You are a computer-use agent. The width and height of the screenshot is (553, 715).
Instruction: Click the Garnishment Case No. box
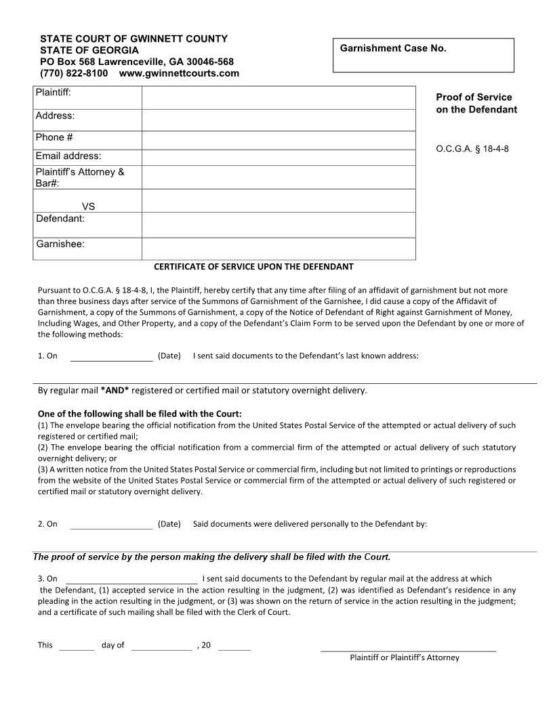coord(423,55)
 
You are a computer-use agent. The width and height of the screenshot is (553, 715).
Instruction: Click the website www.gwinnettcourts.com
coord(179,73)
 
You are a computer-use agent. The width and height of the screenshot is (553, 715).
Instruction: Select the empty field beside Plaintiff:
coord(278,97)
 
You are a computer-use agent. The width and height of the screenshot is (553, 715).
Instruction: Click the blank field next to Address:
coord(278,120)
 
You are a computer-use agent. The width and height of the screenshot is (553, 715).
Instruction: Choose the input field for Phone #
coord(278,140)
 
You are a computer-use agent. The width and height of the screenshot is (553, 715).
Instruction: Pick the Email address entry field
coord(278,157)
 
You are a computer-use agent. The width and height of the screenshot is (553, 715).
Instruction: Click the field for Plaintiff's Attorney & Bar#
coord(278,177)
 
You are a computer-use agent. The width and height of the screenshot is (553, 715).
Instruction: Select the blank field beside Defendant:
coord(278,224)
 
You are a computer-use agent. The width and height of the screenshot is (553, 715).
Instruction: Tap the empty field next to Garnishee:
coord(278,248)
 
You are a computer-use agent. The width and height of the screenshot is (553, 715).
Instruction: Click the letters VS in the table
coord(88,207)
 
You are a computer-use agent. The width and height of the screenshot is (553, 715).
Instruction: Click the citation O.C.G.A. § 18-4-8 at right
coord(472,149)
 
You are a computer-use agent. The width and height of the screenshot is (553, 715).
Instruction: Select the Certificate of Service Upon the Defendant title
coord(253,267)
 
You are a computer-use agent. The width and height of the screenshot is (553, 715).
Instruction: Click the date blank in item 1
coord(112,356)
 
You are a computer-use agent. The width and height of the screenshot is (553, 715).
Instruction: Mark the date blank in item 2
coord(112,524)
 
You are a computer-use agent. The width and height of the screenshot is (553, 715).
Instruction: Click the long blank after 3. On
coord(131,579)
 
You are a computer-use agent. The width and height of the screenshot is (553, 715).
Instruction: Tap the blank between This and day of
coord(77,645)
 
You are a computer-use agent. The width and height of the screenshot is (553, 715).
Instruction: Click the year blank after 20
coord(234,645)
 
